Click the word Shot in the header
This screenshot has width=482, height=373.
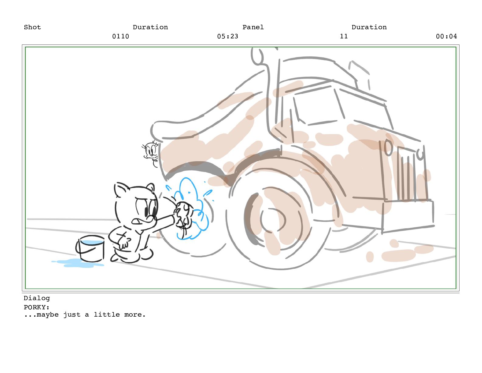32,27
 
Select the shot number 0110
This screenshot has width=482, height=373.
120,36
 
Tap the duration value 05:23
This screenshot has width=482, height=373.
228,36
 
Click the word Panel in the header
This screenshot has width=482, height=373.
253,27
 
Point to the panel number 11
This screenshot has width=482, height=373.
344,36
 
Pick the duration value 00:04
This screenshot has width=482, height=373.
446,36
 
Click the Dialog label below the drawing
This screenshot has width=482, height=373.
37,298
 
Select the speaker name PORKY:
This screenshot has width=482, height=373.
37,307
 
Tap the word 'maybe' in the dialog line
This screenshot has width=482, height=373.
48,315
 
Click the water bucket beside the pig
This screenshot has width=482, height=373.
90,248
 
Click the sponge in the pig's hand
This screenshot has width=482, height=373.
183,214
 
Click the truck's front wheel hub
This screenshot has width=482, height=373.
272,220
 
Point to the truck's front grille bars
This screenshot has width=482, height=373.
406,173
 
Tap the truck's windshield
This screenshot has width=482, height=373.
320,107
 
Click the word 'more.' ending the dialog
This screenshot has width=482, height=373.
135,315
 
